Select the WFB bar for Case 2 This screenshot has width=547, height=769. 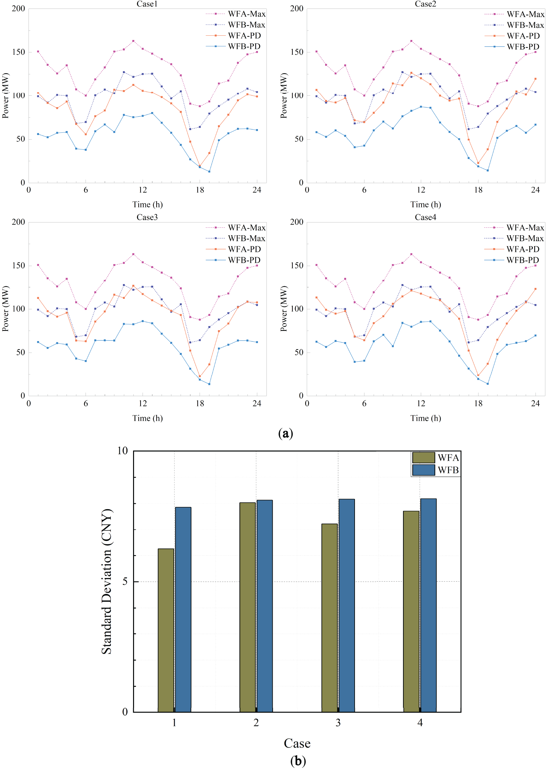point(264,606)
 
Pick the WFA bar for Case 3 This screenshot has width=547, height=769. point(329,618)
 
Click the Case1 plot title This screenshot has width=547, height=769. point(147,4)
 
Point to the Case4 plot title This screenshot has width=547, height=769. point(425,217)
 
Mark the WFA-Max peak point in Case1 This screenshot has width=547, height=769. point(133,41)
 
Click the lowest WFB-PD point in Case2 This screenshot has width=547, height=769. point(487,170)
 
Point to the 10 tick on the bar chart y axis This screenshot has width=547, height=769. point(123,451)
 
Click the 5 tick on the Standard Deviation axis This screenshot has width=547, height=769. point(125,582)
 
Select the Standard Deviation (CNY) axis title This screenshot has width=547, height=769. point(107,582)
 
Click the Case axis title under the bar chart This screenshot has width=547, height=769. point(297,743)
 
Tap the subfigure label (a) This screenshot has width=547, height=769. point(285,433)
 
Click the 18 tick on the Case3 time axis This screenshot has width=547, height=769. point(200,403)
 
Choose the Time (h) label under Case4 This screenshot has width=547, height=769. point(425,418)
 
